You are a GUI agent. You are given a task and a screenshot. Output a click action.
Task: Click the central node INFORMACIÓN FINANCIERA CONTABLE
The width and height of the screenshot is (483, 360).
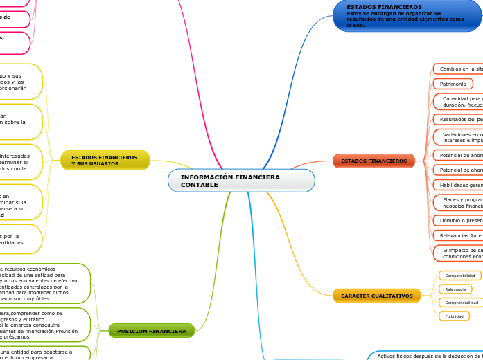pos(241,181)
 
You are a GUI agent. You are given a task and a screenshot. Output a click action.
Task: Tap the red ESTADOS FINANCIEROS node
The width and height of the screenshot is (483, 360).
pos(374,161)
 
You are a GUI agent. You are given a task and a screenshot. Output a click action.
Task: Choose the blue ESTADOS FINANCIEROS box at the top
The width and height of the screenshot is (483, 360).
pos(407,15)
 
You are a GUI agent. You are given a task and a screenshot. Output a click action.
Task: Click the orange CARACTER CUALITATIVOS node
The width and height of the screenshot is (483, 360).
pos(376,296)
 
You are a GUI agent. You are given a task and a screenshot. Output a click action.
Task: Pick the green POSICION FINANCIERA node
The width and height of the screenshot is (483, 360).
pos(152,331)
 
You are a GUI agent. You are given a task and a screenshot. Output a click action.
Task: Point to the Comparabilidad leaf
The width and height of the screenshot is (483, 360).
pos(460,276)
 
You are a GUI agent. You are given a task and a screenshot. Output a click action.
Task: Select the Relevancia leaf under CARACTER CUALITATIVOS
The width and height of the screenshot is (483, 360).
pos(455,289)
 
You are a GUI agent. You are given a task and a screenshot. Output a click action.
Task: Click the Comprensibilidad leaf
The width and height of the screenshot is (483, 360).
pos(461,303)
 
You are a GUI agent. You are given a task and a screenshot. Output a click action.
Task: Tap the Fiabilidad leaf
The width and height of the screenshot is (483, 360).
pos(454,316)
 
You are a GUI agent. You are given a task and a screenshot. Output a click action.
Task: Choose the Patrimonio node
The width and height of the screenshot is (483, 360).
pos(453,84)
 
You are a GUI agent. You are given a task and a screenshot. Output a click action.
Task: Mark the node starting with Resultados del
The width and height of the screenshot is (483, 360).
pos(459,120)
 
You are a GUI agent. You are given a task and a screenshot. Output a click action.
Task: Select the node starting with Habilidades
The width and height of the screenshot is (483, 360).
pos(459,185)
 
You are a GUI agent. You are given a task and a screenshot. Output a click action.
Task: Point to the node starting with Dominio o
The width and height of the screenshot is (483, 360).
pos(459,220)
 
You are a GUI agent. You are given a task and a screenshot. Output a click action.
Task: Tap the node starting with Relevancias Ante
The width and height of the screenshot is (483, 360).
pos(459,235)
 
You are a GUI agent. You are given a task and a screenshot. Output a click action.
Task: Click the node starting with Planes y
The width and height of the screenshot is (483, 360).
pos(460,202)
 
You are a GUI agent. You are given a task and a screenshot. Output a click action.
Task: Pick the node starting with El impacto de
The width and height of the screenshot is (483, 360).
pos(460,253)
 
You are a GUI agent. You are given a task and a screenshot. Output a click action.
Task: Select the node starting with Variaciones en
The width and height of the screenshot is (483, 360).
pos(460,137)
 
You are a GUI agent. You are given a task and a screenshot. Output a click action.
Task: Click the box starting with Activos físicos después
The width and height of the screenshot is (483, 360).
pos(426,356)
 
